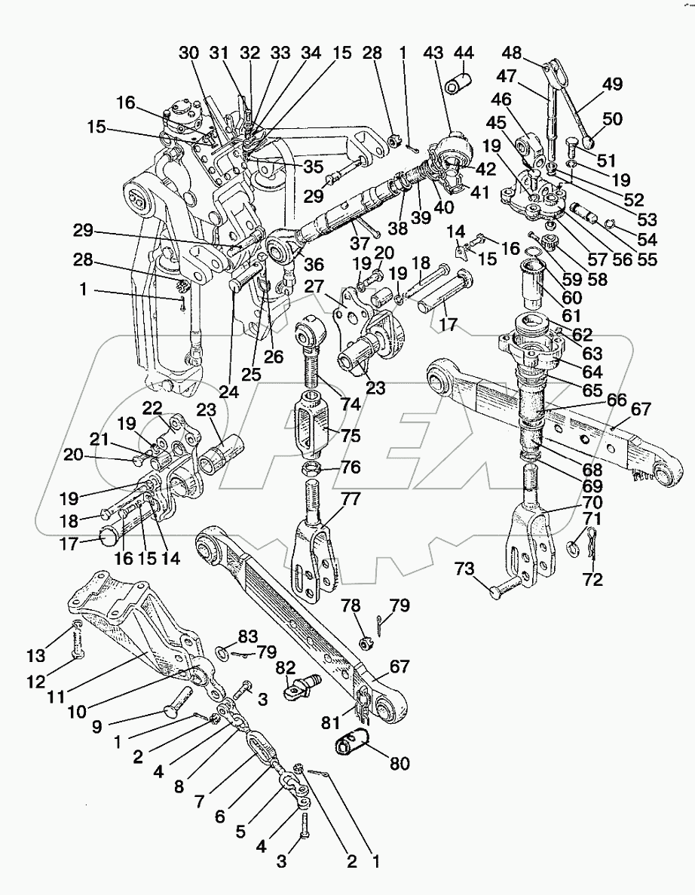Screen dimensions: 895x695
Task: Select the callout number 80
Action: point(399,764)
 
